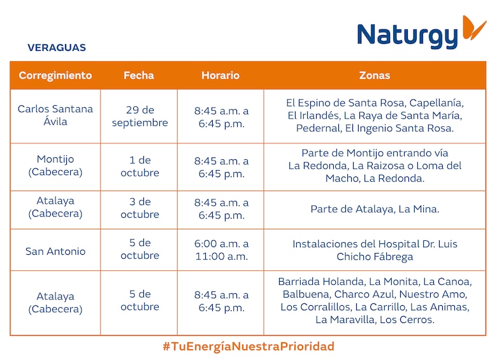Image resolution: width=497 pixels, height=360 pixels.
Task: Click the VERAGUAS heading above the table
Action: click(57, 48)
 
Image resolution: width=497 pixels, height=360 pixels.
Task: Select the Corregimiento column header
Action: click(55, 75)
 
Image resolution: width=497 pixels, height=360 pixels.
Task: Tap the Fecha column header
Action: click(139, 75)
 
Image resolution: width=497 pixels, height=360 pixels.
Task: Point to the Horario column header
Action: click(220, 75)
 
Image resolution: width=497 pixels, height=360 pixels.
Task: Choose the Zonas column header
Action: click(375, 75)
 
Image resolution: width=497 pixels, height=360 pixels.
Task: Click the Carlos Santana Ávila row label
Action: click(55, 115)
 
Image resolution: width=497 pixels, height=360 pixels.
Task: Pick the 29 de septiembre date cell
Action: click(140, 117)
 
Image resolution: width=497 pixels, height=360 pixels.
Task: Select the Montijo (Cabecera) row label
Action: click(55, 166)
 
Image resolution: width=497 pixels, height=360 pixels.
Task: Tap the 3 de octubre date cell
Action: click(140, 208)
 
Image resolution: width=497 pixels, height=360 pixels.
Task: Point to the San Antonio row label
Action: click(55, 251)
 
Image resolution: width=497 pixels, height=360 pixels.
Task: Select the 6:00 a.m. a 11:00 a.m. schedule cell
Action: click(221, 250)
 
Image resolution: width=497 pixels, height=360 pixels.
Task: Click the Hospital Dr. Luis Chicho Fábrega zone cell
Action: click(375, 250)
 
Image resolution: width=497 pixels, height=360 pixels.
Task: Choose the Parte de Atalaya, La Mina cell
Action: click(375, 209)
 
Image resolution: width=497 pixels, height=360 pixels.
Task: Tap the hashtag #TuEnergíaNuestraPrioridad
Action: click(248, 347)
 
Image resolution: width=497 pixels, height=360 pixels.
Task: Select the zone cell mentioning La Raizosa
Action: click(375, 166)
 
